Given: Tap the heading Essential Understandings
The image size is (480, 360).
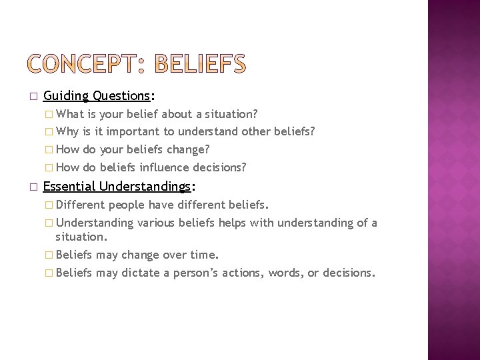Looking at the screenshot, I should [x=117, y=187].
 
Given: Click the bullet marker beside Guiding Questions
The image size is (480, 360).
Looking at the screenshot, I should [x=33, y=97].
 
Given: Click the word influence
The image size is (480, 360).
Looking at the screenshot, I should [x=161, y=167].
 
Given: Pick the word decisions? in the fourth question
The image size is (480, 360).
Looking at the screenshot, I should [x=219, y=167].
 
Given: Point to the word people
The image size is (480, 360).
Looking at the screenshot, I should [x=127, y=205].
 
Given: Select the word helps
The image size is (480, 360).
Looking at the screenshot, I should [x=232, y=222].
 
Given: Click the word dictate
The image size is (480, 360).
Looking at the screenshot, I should [x=141, y=272].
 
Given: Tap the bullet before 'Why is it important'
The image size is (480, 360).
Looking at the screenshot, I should [x=49, y=132].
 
